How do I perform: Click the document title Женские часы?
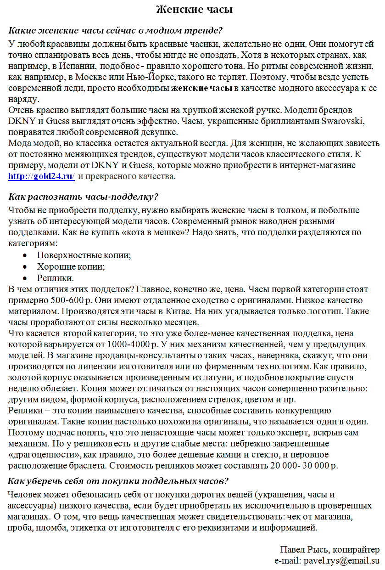pos(194,9)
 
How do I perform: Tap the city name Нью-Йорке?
pos(153,77)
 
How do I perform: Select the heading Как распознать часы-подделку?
pos(84,197)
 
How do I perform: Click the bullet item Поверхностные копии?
pos(84,255)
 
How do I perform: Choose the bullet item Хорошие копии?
pos(71,267)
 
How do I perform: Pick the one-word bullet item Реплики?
pos(56,278)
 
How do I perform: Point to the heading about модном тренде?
pos(116,31)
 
